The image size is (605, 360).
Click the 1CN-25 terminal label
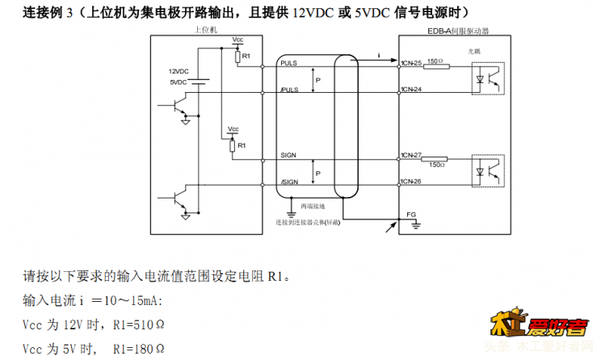click(x=412, y=63)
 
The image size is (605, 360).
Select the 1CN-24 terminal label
click(x=412, y=89)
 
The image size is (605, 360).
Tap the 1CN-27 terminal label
click(x=412, y=153)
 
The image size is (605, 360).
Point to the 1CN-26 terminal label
click(x=412, y=181)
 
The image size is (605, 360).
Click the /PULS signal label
click(x=289, y=90)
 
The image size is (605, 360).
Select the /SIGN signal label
click(x=289, y=182)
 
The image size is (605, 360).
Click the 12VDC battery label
click(x=179, y=71)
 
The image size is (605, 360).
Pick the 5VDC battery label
click(x=179, y=82)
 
